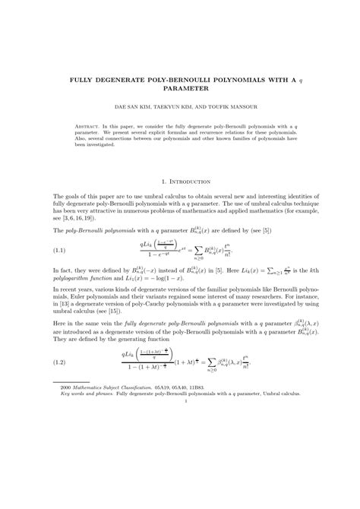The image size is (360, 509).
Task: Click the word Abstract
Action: click(90, 125)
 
